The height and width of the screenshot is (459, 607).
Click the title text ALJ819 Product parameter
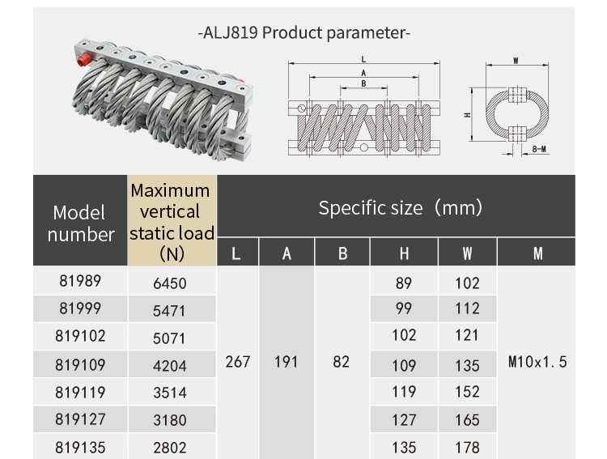(304, 33)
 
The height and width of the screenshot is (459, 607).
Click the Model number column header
(79, 223)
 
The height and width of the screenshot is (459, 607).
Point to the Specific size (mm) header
(400, 207)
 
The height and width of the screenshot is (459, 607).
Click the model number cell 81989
(80, 281)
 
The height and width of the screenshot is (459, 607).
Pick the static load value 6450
(170, 283)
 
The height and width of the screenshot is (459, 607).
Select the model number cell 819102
(80, 336)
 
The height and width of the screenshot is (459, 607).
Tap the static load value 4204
(170, 364)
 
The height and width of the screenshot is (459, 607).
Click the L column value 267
(237, 362)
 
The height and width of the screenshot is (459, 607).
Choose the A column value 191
(287, 362)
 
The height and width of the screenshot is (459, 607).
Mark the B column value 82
(342, 362)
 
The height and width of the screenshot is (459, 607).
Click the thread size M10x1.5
(537, 362)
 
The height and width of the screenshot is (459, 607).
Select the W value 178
(467, 447)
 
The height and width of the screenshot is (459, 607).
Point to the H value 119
(404, 393)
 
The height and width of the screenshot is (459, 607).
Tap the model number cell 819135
(80, 446)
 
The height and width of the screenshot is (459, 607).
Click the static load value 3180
(170, 419)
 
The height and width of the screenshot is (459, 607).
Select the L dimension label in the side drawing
(363, 59)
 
